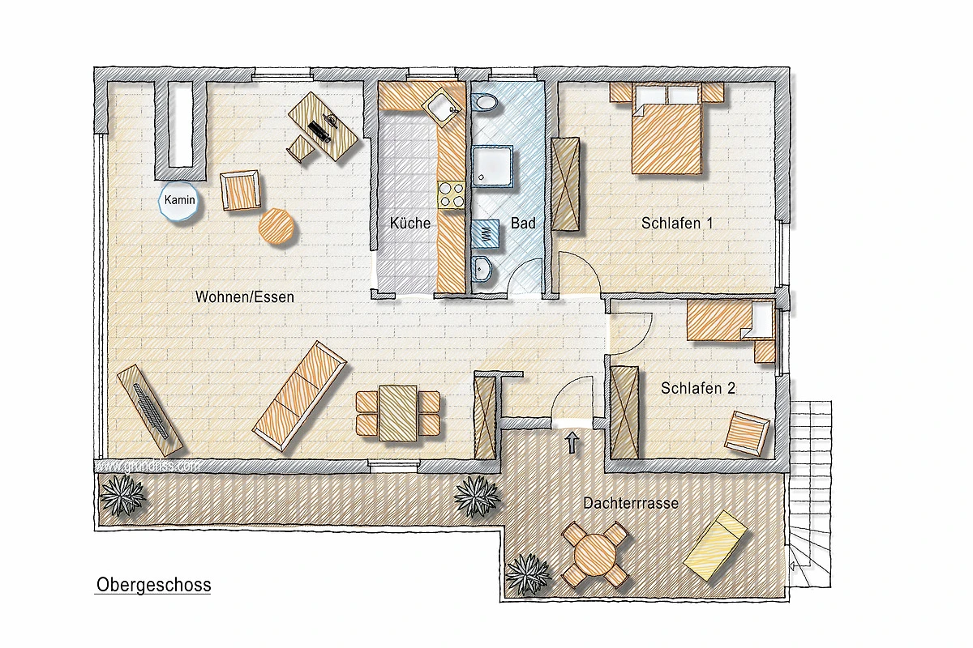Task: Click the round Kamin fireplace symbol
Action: point(179,201)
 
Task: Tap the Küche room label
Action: point(410,223)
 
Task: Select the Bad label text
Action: point(523,223)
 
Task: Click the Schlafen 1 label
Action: point(677,223)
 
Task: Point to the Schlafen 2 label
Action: point(698,388)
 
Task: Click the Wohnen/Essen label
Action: point(245,297)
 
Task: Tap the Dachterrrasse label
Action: point(631,503)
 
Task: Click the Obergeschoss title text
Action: point(154,585)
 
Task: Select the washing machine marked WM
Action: point(485,233)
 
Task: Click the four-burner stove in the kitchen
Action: point(452,194)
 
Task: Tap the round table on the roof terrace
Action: point(595,555)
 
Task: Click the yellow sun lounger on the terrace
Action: point(715,546)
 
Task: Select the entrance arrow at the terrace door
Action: point(572,443)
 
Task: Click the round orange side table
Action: point(276,227)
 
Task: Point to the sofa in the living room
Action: point(299,396)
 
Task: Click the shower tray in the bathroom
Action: point(492,167)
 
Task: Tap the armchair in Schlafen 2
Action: point(747,433)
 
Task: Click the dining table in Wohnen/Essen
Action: point(398,413)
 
